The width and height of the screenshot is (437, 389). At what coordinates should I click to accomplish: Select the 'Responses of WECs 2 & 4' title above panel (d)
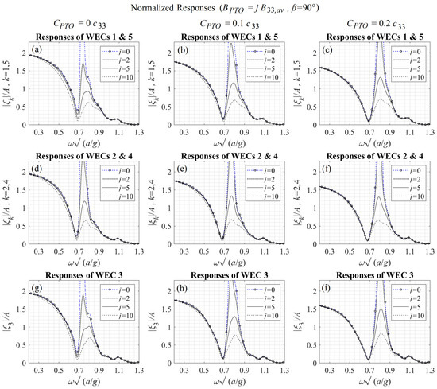point(83,153)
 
